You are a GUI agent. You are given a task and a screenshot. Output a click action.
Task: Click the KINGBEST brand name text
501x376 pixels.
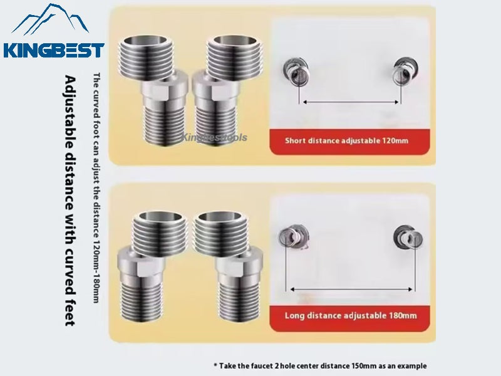[x=54, y=51]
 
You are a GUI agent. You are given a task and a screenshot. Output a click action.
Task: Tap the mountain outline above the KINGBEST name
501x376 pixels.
[x=50, y=19]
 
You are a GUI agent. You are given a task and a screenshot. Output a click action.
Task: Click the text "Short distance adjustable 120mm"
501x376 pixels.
[x=347, y=140]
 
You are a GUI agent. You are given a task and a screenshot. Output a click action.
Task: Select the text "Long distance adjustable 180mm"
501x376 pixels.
[x=351, y=316]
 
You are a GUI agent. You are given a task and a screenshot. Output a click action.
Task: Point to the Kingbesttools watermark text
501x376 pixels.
[x=214, y=137]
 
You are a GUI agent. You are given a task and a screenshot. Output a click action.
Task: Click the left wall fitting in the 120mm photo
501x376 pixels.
[x=296, y=71]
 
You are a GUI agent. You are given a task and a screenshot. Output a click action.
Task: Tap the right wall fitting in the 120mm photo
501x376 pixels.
[x=405, y=71]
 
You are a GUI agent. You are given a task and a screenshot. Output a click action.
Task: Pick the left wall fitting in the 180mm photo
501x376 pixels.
[x=293, y=238]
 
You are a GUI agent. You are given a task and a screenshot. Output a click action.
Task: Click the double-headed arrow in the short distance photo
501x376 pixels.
[x=350, y=102]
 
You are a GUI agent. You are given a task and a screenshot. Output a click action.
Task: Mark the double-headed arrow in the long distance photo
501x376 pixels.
[x=351, y=290]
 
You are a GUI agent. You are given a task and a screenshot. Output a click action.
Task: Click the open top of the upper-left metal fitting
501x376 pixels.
[x=146, y=40]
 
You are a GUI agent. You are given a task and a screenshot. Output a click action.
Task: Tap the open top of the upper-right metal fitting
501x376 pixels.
[x=235, y=40]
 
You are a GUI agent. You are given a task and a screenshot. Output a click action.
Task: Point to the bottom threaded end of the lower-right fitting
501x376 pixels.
[x=239, y=301]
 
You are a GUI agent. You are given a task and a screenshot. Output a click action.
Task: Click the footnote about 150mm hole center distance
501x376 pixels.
[x=320, y=366]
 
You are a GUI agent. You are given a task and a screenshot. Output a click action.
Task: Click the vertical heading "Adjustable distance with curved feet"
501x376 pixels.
[x=70, y=201]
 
